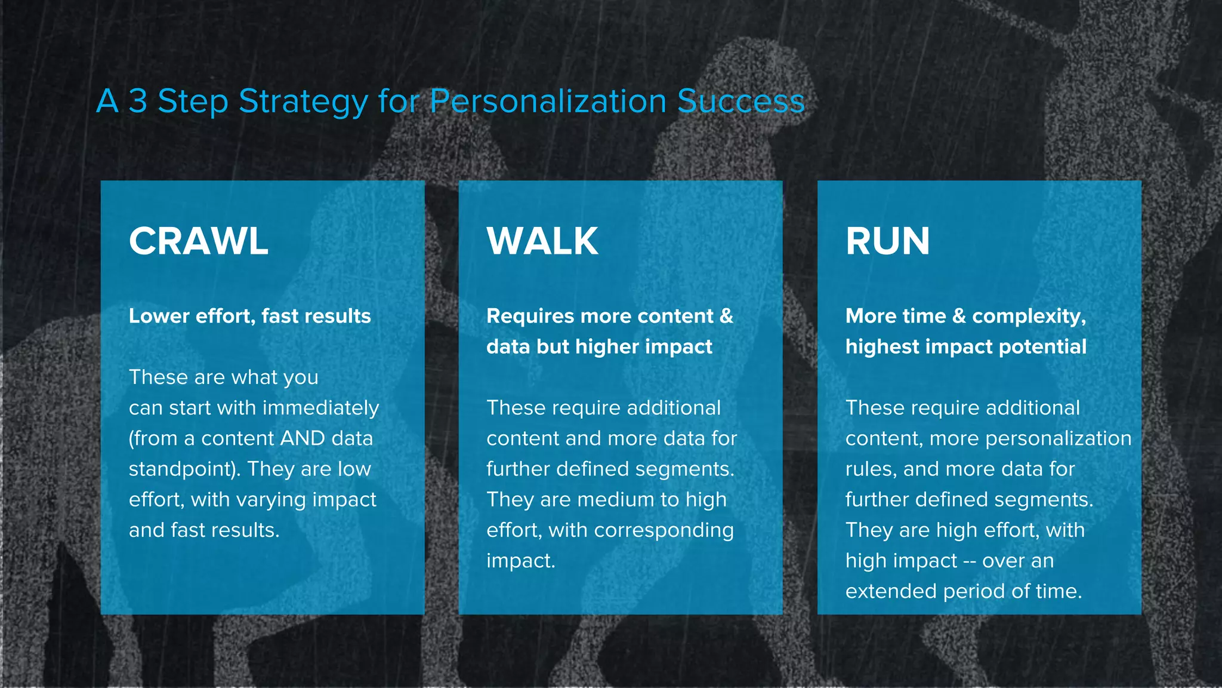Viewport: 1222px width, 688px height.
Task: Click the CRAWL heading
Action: pos(198,241)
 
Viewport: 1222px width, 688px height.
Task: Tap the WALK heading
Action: pos(542,241)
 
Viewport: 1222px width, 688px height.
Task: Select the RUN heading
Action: pos(887,241)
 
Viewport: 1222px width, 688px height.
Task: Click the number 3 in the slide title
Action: pos(138,101)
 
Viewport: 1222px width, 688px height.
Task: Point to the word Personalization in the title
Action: pos(548,101)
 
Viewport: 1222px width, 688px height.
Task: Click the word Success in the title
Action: pos(741,101)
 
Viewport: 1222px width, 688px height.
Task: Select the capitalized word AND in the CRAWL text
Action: pos(303,438)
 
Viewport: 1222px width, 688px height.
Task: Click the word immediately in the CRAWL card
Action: pos(321,408)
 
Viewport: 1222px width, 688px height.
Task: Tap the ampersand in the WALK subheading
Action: pos(726,316)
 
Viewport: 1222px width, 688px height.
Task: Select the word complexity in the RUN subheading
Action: pos(1027,316)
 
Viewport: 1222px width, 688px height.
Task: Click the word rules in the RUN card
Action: pos(870,469)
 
